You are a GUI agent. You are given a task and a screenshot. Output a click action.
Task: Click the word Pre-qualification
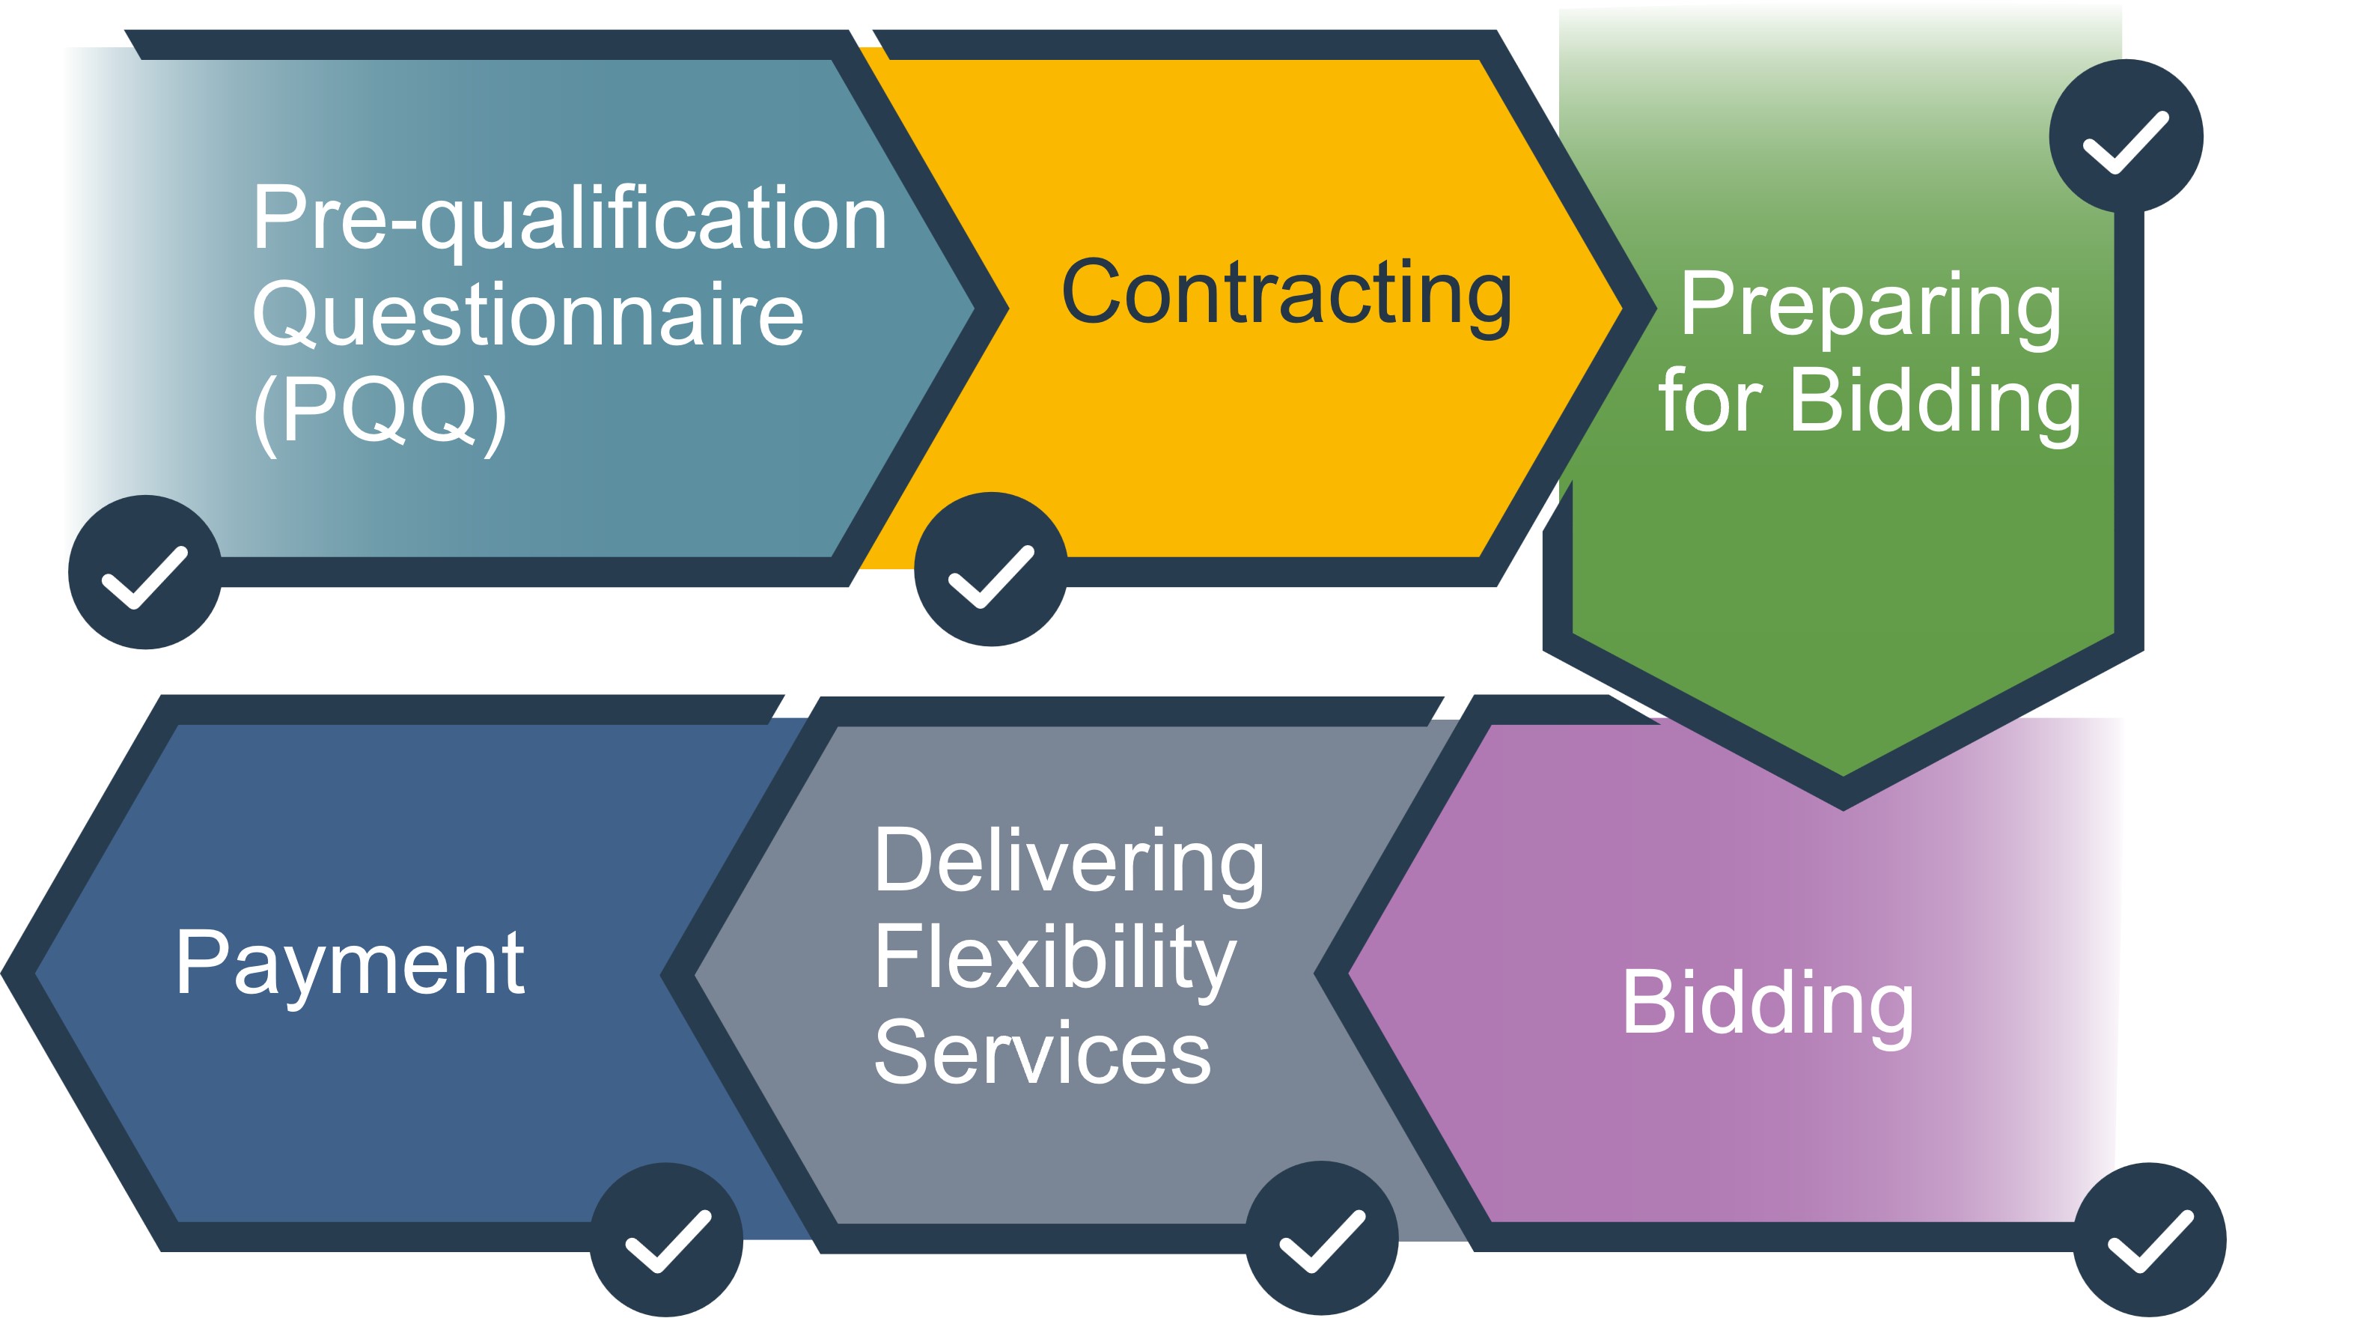point(569,219)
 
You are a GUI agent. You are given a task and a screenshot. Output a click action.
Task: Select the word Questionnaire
point(528,315)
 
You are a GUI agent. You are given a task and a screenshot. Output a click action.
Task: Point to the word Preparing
point(1870,306)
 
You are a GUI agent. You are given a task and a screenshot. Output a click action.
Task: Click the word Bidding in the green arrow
point(1934,401)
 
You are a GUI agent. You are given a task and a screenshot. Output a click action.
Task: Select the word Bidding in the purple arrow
point(1767,1003)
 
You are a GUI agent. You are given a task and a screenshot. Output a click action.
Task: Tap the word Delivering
point(1069,860)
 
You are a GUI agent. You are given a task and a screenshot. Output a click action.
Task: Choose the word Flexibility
point(1055,959)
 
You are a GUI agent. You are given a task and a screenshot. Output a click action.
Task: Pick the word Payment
point(350,964)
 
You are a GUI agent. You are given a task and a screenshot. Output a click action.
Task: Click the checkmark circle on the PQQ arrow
point(144,573)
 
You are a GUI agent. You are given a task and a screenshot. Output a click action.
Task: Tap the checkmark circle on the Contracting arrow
point(991,569)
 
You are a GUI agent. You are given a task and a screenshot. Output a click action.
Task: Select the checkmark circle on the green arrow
point(2125,136)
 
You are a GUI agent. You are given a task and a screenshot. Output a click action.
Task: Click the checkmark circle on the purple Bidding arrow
point(2149,1239)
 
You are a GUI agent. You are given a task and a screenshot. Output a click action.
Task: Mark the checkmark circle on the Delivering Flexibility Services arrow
point(1321,1238)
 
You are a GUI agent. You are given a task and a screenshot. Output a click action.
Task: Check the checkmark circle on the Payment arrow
point(665,1239)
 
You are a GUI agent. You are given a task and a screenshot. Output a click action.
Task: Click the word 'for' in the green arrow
point(1711,401)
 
